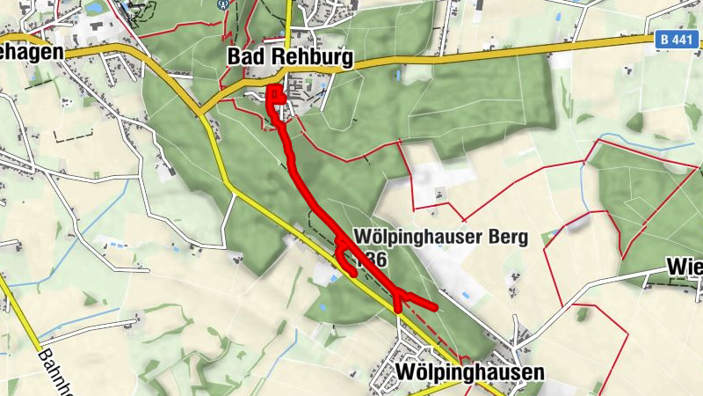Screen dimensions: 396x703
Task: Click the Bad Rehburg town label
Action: click(290, 58)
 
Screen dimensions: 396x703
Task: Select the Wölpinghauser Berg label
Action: click(440, 238)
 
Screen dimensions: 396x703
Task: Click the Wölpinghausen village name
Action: click(470, 372)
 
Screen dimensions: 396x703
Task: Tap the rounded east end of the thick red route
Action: click(434, 306)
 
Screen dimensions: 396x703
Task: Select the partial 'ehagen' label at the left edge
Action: click(32, 52)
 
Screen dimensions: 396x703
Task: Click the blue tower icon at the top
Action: click(223, 4)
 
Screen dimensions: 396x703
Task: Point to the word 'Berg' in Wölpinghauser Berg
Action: click(505, 238)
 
